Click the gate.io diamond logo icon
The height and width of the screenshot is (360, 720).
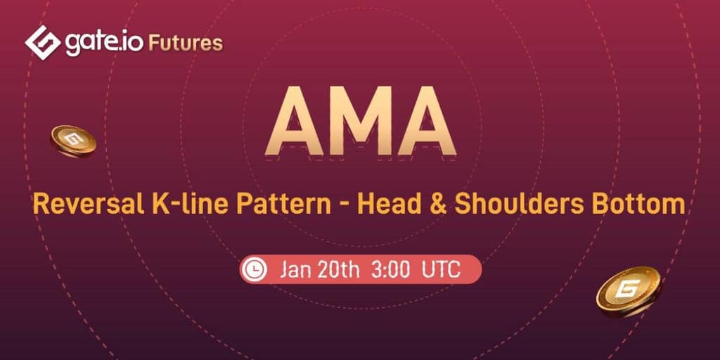(x=43, y=43)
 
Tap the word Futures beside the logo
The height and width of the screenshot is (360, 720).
(x=186, y=44)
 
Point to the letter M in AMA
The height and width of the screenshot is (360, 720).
(x=361, y=121)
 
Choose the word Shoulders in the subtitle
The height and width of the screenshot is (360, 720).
(x=517, y=205)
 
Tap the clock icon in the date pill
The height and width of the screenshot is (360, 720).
(x=254, y=269)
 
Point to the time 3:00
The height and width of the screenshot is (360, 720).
(x=390, y=270)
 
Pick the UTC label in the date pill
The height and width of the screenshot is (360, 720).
(x=442, y=270)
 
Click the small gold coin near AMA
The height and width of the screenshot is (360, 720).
(x=73, y=141)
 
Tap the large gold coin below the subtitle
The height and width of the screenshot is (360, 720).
(x=629, y=292)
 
